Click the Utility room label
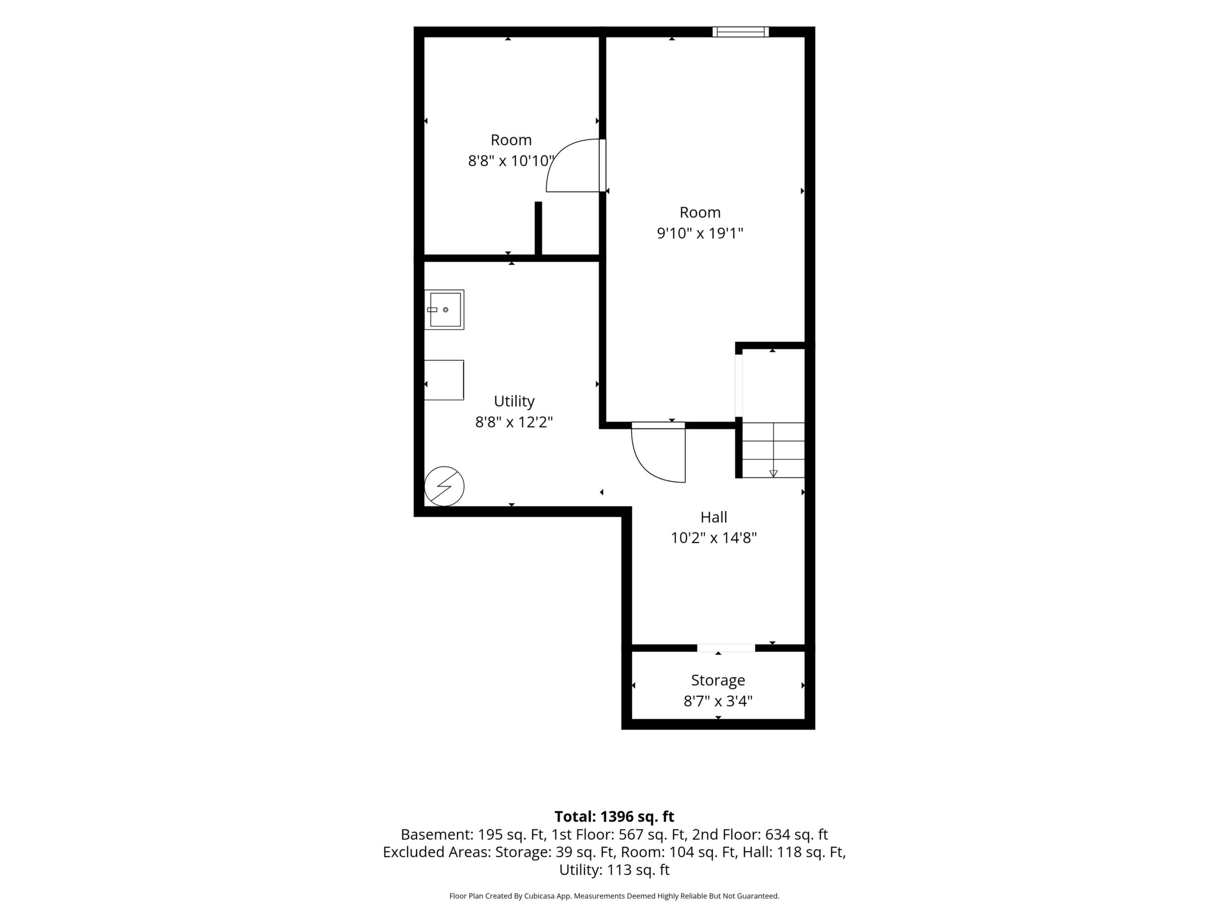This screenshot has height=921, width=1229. click(514, 401)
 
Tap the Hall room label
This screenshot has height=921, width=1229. click(713, 518)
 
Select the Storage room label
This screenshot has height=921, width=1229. click(718, 680)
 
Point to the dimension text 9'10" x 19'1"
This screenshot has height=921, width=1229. click(700, 233)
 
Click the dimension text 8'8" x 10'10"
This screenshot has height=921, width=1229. click(511, 161)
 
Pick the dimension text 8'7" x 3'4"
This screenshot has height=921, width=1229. click(718, 701)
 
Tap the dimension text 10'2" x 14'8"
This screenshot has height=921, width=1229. click(713, 538)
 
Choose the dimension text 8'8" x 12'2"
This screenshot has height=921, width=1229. click(514, 423)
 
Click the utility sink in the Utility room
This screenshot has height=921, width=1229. click(445, 310)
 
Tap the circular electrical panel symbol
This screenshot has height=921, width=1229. click(445, 486)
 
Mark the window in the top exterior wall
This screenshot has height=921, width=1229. click(741, 31)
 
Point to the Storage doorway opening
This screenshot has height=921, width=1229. click(726, 648)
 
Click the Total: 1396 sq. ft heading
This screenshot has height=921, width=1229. click(614, 817)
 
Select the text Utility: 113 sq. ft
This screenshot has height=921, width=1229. click(614, 870)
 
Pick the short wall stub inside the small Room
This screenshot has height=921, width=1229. click(538, 228)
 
